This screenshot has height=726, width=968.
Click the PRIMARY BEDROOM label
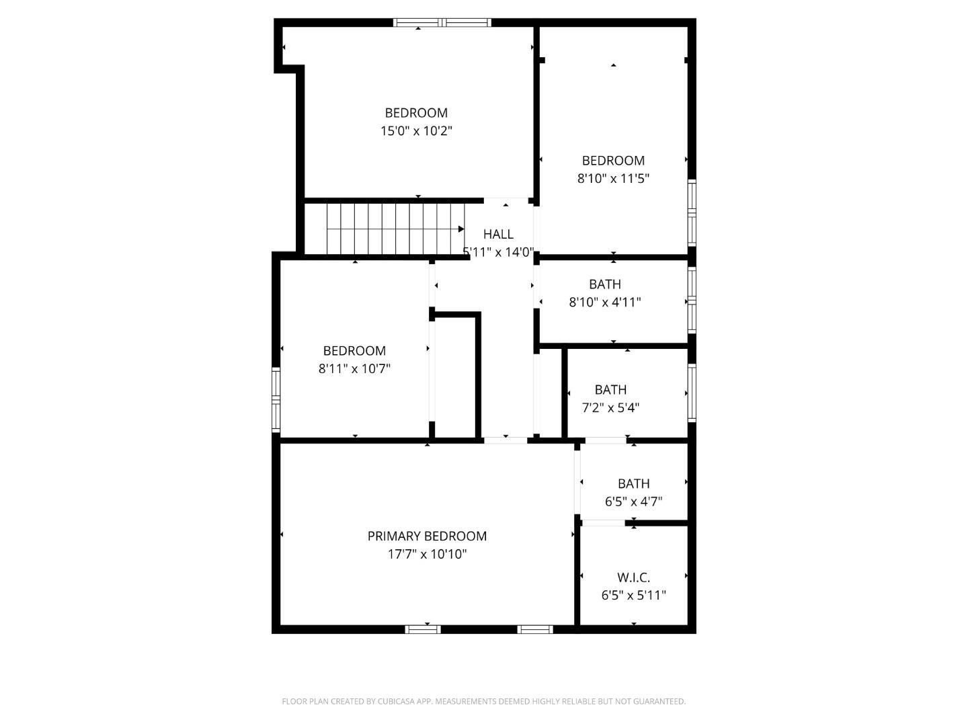[427, 536]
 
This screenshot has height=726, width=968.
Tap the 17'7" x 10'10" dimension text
[427, 555]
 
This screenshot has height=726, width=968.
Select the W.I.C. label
[633, 577]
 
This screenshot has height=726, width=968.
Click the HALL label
[498, 234]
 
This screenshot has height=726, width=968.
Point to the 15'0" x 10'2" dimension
[416, 131]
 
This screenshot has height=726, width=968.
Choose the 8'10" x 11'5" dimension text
[613, 179]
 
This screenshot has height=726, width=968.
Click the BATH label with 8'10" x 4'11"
[605, 284]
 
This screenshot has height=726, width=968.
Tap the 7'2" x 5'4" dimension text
[610, 407]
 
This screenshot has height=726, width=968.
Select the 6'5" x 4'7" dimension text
[633, 501]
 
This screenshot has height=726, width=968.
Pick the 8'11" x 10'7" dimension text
[354, 368]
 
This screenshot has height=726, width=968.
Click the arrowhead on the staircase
[461, 229]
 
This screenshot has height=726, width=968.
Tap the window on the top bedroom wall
[442, 23]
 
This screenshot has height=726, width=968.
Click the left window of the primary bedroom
[423, 629]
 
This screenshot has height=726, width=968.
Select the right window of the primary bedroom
[535, 629]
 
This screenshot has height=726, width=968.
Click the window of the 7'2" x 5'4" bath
[692, 392]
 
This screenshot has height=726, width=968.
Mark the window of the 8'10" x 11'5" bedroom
[692, 213]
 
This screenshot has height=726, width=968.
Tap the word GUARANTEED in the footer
[661, 702]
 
